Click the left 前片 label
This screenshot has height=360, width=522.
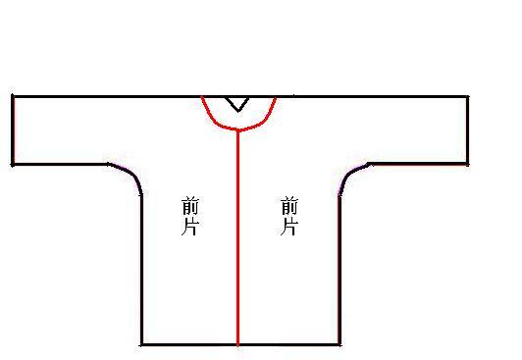coord(190,216)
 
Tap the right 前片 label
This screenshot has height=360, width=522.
coord(289,216)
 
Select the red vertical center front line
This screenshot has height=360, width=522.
coord(237,237)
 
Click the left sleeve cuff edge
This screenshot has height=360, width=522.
coord(13,130)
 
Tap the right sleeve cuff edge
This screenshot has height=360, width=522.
coord(467,130)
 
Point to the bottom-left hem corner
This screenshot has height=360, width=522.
coord(141,344)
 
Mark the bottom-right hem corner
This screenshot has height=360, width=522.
coord(339,344)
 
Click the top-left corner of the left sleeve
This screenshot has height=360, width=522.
coord(13,96)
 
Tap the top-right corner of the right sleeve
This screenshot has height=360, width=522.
coord(467,97)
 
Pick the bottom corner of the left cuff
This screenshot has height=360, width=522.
coord(13,165)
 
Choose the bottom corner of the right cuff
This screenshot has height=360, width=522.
coord(467,164)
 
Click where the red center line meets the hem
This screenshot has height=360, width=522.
coord(237,344)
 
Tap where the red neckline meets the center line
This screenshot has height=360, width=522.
coord(237,129)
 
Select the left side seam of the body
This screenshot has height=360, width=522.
coord(141,270)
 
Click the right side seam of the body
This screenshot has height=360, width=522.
coord(339,270)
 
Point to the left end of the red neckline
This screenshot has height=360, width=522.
coord(202,97)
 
